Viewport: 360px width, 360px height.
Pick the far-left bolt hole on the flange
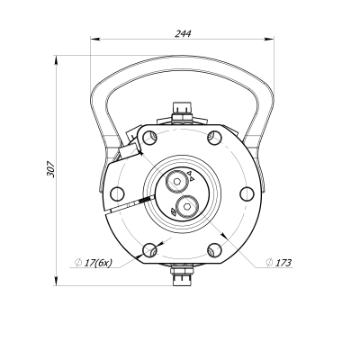click(116, 191)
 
